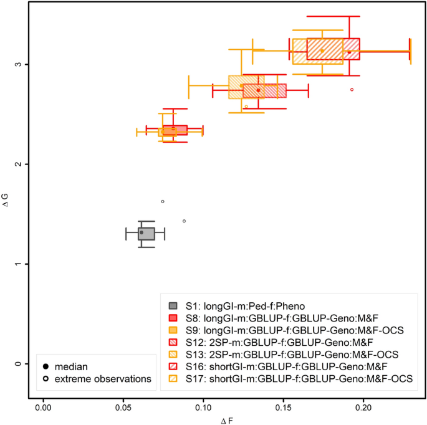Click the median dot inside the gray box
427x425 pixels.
142,232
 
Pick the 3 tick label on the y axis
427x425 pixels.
19,64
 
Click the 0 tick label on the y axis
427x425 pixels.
19,363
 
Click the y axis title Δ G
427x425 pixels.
6,213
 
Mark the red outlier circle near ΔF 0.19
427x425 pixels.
352,90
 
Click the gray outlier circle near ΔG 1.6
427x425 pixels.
163,201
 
